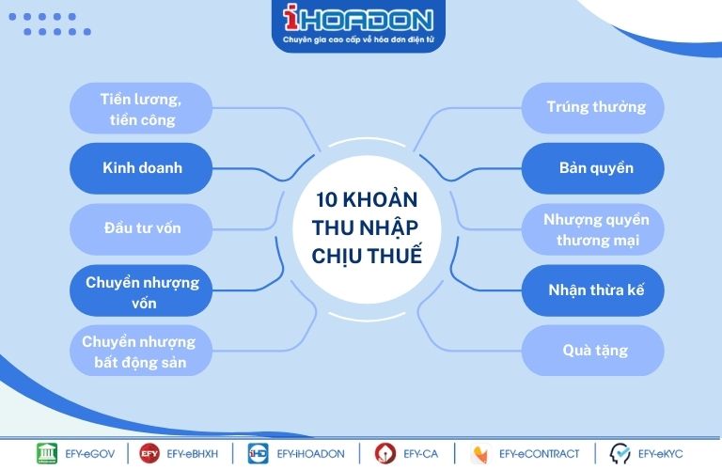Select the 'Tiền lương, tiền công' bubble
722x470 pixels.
pos(141,109)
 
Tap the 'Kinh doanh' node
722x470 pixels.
pos(141,168)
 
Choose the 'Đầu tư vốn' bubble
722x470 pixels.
pos(141,228)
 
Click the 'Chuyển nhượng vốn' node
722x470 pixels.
pos(141,290)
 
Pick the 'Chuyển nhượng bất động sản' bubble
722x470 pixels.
pos(141,351)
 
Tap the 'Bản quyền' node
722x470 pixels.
pos(592,168)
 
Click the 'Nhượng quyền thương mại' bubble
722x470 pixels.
pos(592,228)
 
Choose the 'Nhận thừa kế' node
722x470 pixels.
pos(592,290)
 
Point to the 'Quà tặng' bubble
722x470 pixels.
pos(592,351)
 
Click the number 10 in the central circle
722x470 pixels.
pos(326,200)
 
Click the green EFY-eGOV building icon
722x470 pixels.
pos(47,453)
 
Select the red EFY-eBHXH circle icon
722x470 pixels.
pos(149,453)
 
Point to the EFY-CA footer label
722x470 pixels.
pos(421,454)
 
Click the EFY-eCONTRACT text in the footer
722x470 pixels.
pos(540,454)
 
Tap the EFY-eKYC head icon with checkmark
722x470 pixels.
pos(620,453)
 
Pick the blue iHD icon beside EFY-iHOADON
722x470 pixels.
pos(258,453)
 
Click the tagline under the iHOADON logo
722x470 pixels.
pos(358,39)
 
